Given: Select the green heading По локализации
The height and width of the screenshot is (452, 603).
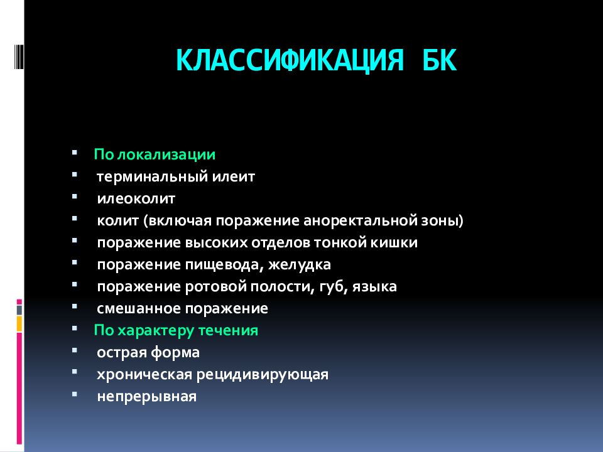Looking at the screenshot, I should [155, 154].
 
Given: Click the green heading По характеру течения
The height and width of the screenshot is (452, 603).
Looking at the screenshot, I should [176, 330].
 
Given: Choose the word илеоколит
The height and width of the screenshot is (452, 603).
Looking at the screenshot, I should [136, 199].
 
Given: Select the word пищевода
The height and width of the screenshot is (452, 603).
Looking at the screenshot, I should [220, 265].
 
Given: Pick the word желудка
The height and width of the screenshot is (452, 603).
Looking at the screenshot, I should [300, 265].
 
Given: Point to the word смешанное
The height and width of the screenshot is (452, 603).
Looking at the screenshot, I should [139, 309].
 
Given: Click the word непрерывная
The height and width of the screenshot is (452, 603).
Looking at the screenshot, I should [147, 397].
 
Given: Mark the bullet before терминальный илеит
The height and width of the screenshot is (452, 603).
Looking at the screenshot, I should [75, 176].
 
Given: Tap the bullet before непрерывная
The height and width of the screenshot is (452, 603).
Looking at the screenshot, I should [75, 396].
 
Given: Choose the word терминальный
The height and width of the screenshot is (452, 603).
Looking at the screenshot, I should [149, 177].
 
